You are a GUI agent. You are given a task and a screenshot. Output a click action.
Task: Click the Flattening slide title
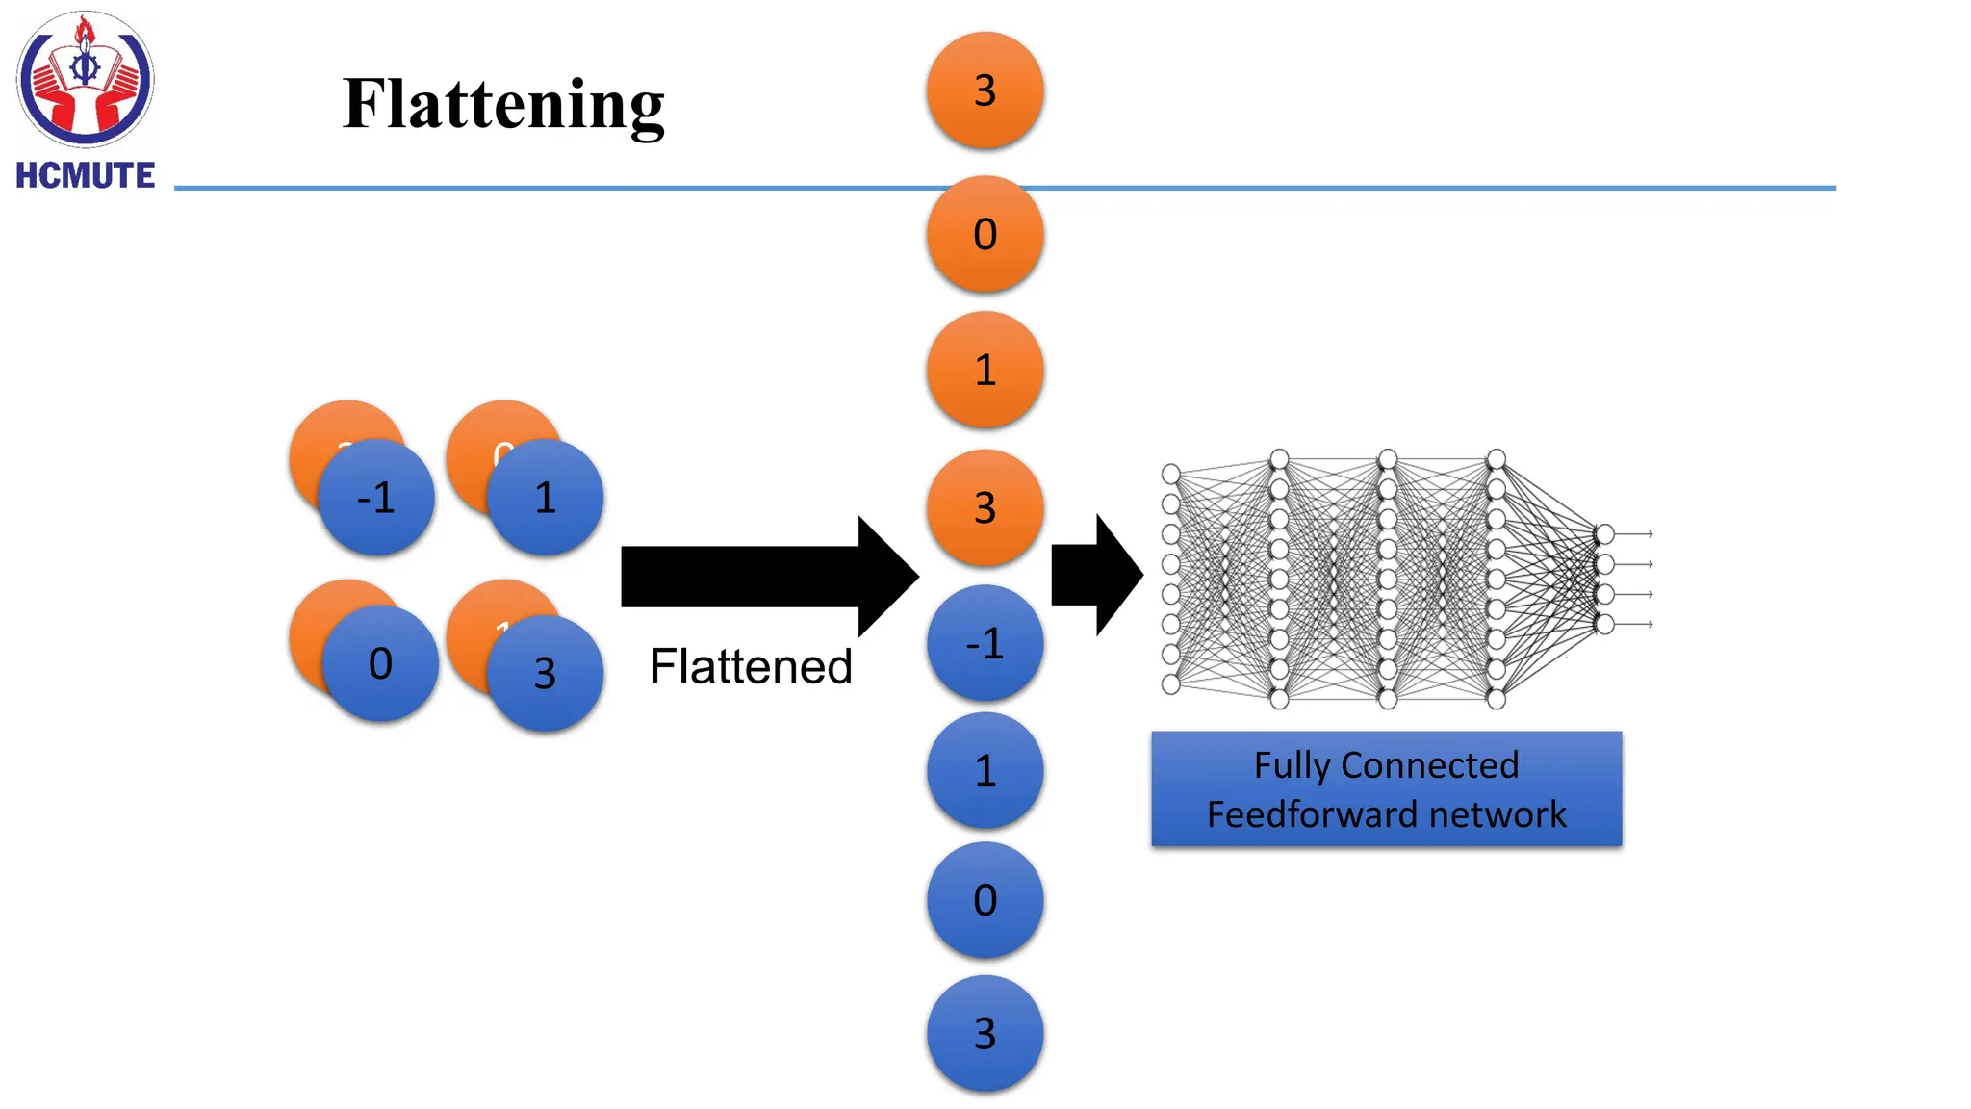click(x=503, y=104)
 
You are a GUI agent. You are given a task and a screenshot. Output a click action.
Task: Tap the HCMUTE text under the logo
click(x=85, y=175)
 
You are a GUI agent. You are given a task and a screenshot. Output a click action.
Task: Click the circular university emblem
click(x=85, y=79)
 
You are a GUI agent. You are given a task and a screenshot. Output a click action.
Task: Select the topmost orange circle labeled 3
click(x=985, y=90)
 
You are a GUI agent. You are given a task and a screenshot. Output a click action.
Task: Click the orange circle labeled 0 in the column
click(x=985, y=234)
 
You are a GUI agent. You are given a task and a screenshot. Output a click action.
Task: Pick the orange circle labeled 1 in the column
click(x=985, y=370)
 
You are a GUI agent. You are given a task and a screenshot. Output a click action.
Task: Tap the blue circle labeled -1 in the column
click(x=985, y=643)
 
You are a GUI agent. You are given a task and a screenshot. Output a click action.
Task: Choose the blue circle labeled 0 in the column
click(x=985, y=900)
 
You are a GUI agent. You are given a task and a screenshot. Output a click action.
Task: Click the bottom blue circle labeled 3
click(x=985, y=1033)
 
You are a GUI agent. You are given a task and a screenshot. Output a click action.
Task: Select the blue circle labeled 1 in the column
click(x=985, y=770)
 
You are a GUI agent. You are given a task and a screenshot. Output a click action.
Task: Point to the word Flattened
click(x=751, y=666)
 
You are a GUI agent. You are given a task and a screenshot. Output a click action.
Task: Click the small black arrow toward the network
click(x=1094, y=575)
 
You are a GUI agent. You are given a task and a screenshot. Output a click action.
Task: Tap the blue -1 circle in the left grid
click(x=375, y=498)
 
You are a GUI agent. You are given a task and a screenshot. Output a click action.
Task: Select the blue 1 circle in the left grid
click(x=545, y=498)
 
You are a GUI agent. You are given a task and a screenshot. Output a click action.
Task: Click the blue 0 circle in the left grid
click(x=380, y=663)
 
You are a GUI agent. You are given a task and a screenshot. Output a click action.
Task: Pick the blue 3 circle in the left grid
click(x=545, y=673)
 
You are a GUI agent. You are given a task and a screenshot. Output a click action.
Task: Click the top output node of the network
click(x=1604, y=534)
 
